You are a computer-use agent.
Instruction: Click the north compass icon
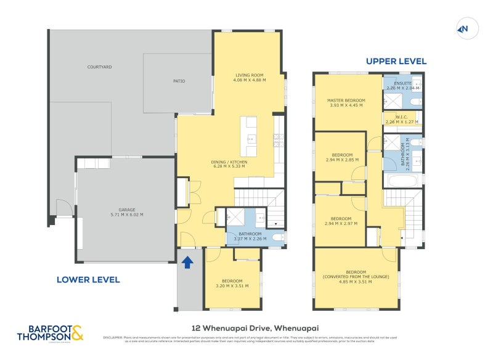[463, 28]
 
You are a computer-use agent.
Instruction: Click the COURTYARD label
[99, 67]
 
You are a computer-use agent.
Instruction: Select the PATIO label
[179, 81]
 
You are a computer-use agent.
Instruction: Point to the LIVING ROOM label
[249, 75]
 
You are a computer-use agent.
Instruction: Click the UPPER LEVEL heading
[396, 61]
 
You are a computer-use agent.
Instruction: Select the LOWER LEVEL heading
[88, 279]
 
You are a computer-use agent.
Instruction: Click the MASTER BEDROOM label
[346, 100]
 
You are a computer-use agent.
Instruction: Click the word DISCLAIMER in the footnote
[113, 337]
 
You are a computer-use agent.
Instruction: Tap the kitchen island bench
[250, 136]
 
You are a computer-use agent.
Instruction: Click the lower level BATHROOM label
[250, 234]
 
